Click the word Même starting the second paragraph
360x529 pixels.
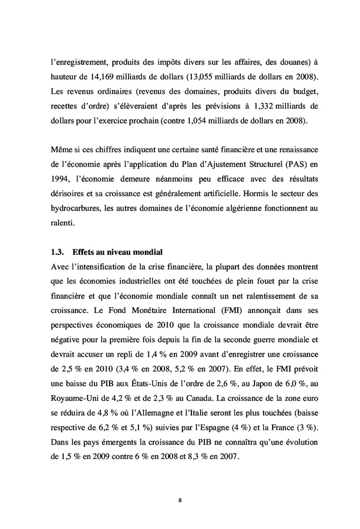[x=62, y=150]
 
